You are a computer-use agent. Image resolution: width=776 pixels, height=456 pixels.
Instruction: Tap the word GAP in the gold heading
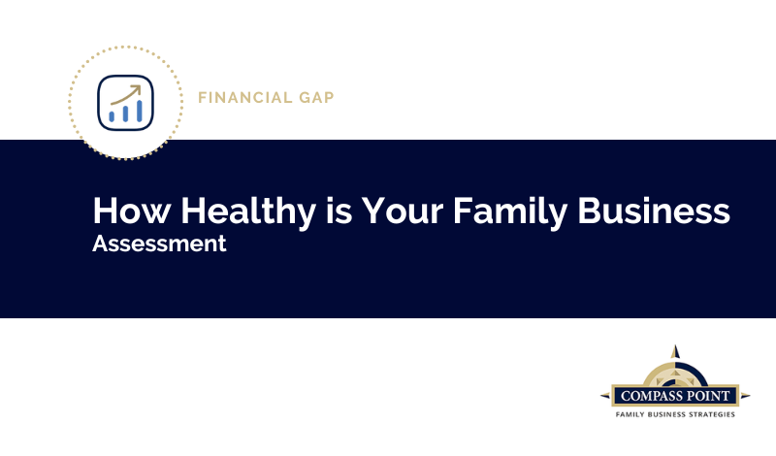316,98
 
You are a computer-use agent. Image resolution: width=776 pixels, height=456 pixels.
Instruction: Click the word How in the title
132,211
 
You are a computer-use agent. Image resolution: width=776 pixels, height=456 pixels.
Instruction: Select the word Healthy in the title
248,212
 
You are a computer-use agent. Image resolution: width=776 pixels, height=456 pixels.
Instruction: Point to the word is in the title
339,211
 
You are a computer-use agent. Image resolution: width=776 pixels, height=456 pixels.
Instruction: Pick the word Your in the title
403,211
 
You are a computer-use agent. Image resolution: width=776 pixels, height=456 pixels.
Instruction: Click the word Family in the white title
510,212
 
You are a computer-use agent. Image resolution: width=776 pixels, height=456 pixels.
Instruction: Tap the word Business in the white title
653,211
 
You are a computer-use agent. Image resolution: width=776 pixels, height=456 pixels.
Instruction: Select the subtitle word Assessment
159,244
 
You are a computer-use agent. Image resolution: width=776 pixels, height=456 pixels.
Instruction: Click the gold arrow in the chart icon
125,94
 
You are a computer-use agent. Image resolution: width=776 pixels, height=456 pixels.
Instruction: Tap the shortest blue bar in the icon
112,116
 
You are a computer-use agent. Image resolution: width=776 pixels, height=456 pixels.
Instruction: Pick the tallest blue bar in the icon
140,111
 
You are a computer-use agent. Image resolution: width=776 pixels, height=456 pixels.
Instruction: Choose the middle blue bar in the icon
126,114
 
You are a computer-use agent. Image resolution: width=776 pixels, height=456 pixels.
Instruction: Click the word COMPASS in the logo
650,396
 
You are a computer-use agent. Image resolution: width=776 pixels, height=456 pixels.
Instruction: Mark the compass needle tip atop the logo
675,345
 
